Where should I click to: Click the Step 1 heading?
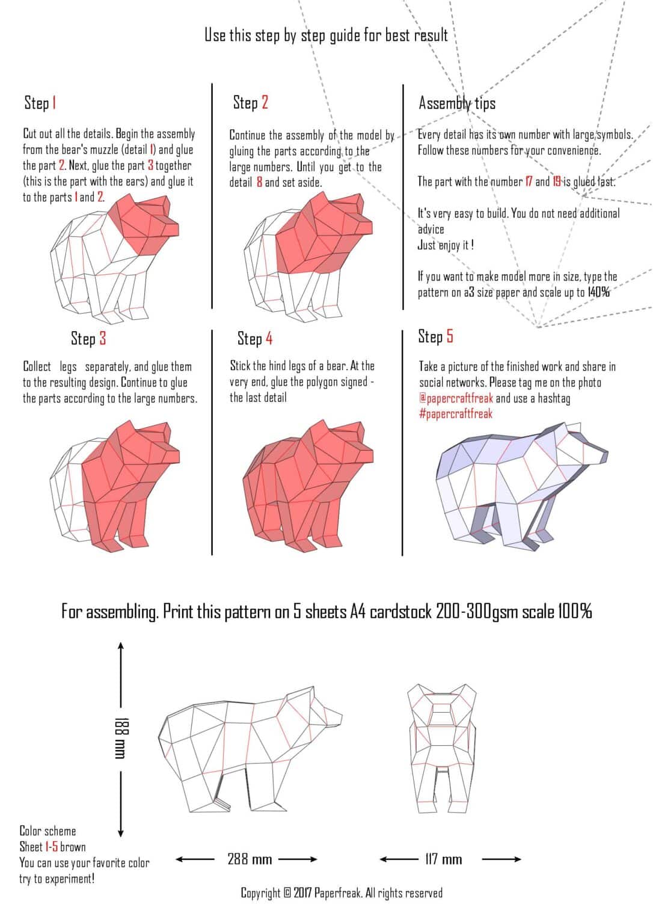pyautogui.click(x=40, y=103)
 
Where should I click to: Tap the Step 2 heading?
pyautogui.click(x=250, y=103)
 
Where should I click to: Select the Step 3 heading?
pyautogui.click(x=88, y=338)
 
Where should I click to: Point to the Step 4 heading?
pyautogui.click(x=255, y=338)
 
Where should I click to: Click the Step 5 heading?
pyautogui.click(x=435, y=337)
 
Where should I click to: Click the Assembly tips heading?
pyautogui.click(x=457, y=103)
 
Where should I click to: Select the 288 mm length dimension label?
pyautogui.click(x=250, y=859)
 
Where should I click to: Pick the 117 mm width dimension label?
pyautogui.click(x=443, y=859)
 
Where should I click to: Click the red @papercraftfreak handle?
pyautogui.click(x=456, y=398)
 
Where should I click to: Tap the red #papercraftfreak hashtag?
pyautogui.click(x=456, y=413)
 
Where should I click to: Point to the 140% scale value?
pyautogui.click(x=598, y=293)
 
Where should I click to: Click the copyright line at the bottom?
pyautogui.click(x=342, y=893)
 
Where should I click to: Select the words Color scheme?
pyautogui.click(x=48, y=831)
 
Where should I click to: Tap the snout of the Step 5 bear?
pyautogui.click(x=598, y=455)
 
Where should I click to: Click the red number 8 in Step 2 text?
pyautogui.click(x=259, y=182)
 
